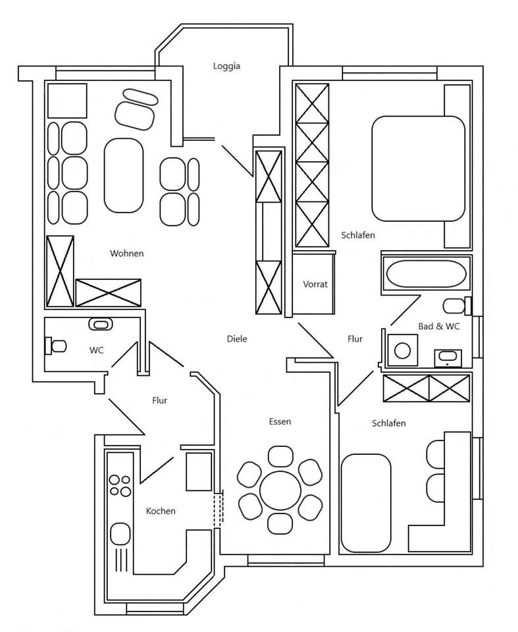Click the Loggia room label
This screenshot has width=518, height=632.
(226, 66)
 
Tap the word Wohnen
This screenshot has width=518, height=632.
(126, 253)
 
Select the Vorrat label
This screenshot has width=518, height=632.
(315, 284)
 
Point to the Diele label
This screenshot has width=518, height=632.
(236, 339)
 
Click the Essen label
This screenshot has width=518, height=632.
(279, 421)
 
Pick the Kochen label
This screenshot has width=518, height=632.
(161, 511)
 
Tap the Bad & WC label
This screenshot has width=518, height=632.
(439, 327)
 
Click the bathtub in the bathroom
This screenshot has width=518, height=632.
(425, 273)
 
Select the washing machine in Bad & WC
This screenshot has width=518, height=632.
(403, 350)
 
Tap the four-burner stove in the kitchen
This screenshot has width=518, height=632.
(120, 486)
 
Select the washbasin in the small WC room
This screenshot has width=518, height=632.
(100, 324)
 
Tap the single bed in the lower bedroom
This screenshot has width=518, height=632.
(366, 502)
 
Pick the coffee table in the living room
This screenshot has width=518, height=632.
(124, 174)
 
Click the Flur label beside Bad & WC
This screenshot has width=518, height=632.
(355, 339)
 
